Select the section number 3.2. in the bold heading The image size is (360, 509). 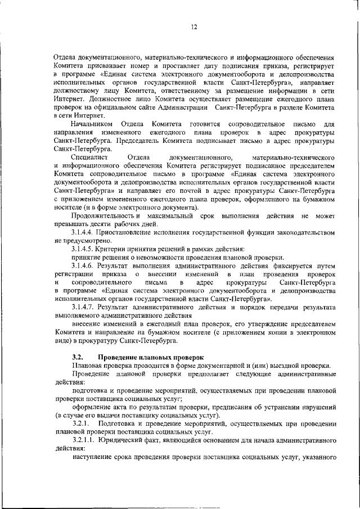(78, 357)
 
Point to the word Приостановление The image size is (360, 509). (131, 231)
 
